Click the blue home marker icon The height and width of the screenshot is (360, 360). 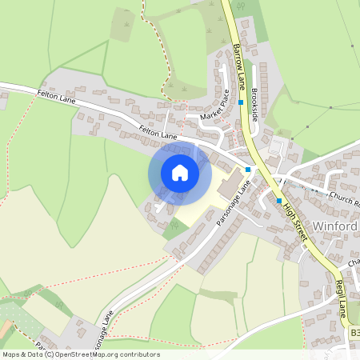click(x=180, y=172)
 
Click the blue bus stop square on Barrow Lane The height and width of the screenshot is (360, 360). click(x=240, y=102)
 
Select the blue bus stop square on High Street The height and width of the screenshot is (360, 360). click(x=279, y=200)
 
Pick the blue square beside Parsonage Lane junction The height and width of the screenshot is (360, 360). click(x=249, y=170)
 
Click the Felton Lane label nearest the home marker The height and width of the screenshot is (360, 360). click(x=158, y=135)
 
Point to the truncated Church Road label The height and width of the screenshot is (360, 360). click(x=345, y=200)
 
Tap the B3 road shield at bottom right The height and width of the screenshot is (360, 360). click(x=354, y=331)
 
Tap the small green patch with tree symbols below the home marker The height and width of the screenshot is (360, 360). click(x=174, y=226)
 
